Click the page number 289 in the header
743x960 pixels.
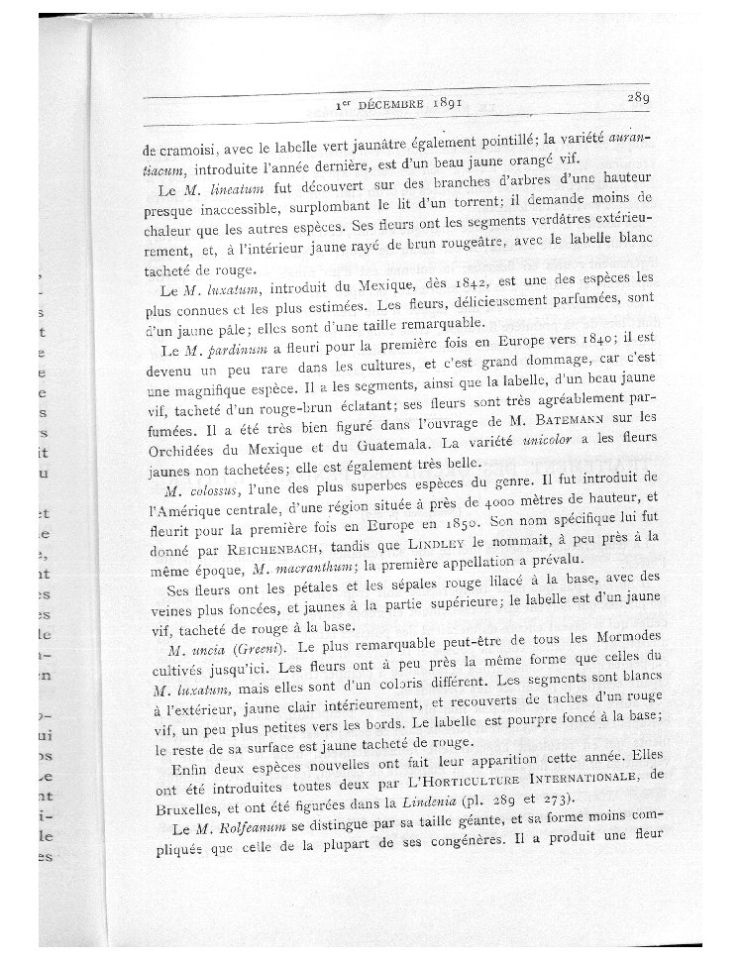(x=636, y=98)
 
